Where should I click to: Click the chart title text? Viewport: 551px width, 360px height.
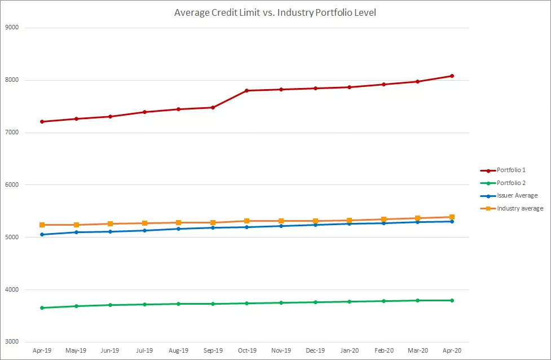point(275,12)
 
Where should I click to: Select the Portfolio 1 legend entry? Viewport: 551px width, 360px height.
point(511,170)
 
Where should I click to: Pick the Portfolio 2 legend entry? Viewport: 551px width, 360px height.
point(511,183)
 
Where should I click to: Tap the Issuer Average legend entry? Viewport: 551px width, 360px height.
point(517,196)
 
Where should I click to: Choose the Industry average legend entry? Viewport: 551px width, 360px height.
point(520,209)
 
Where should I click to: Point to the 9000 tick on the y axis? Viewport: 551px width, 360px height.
point(11,28)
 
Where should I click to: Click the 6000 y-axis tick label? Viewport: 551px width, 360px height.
point(11,185)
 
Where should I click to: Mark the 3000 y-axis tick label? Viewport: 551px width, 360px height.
point(11,342)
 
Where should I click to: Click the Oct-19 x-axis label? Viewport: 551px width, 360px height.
point(247,350)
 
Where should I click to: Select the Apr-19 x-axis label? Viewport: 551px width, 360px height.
point(42,350)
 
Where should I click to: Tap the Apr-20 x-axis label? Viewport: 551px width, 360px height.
point(452,350)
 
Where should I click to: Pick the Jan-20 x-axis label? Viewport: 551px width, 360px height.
point(350,350)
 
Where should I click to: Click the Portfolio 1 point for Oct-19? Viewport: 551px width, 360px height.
point(247,90)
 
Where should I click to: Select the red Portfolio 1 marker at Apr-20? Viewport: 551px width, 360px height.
point(452,76)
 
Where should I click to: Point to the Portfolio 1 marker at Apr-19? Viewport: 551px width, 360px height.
point(42,121)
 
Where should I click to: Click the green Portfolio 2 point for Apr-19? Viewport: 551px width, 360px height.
point(42,308)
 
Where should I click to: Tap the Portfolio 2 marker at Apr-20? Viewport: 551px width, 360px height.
point(452,300)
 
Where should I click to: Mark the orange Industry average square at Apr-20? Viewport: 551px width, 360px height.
point(452,217)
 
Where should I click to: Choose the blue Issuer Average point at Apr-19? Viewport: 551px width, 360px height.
point(42,234)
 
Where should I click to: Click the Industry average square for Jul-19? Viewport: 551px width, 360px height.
point(144,223)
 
